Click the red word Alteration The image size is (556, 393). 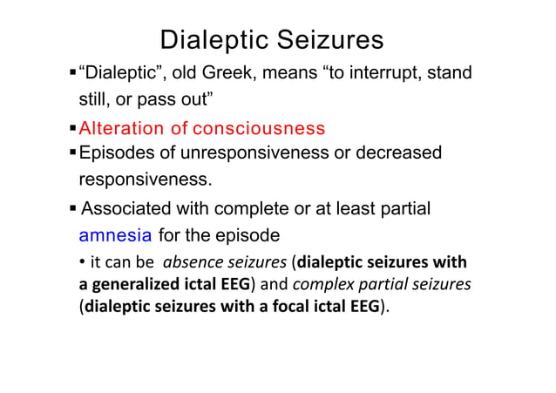[121, 129]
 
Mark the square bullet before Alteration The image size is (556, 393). [73, 129]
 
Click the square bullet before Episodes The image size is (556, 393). [73, 153]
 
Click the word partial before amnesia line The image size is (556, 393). [408, 209]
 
